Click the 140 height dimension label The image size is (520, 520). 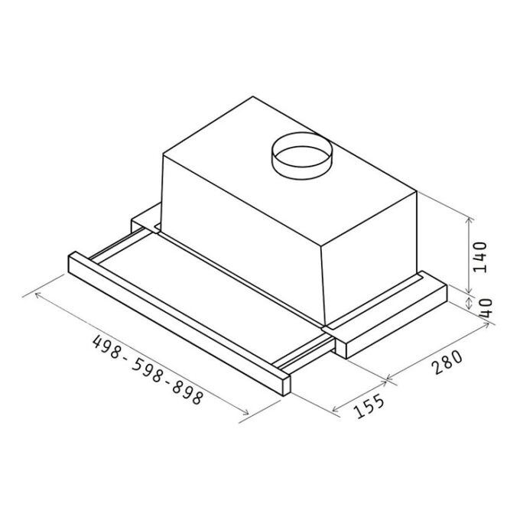(x=480, y=258)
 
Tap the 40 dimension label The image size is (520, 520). (x=486, y=308)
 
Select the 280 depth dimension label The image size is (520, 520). (x=447, y=362)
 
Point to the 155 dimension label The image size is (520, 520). (x=369, y=406)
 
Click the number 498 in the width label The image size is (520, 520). (x=106, y=347)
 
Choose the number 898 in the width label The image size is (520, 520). (x=187, y=392)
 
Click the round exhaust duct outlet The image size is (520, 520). (x=301, y=156)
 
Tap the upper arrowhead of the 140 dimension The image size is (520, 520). (x=469, y=219)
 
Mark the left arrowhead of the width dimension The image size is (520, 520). (x=37, y=294)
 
